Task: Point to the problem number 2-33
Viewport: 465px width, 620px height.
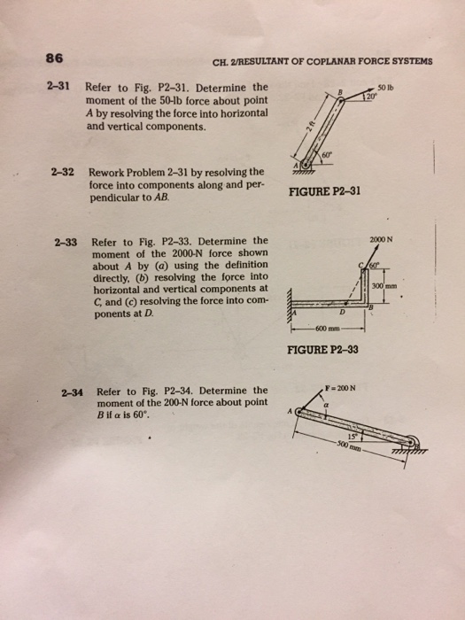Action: pyautogui.click(x=66, y=240)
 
